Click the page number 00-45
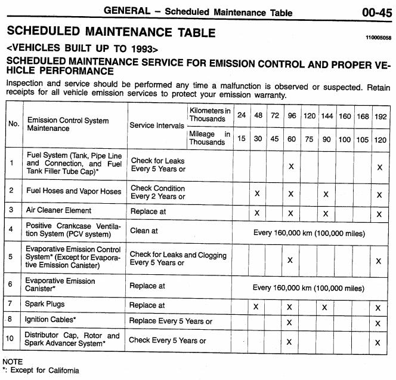376,11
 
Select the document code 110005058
378,37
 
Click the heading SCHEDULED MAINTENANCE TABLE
110,32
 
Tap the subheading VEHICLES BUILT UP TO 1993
82,47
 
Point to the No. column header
14,124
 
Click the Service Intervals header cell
156,125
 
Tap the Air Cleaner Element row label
58,210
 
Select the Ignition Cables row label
50,320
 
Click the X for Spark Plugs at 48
256,307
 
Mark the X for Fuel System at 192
379,167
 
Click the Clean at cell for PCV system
147,230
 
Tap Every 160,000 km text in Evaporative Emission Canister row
308,287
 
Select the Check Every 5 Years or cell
168,341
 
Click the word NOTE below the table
13,361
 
